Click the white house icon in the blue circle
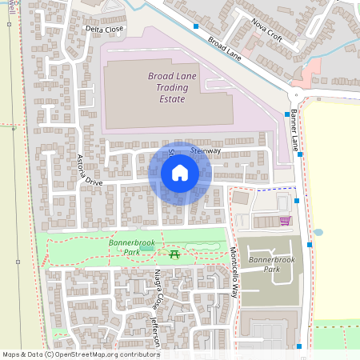pos(180,173)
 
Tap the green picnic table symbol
pos(174,254)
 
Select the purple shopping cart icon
pos(285,221)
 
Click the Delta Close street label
pos(105,30)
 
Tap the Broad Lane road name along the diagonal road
pos(225,49)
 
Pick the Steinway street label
pos(206,150)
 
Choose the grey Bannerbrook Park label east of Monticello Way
pos(273,264)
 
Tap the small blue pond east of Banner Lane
pos(318,233)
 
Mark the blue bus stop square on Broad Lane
pos(196,26)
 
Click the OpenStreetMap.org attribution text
pos(104,354)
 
